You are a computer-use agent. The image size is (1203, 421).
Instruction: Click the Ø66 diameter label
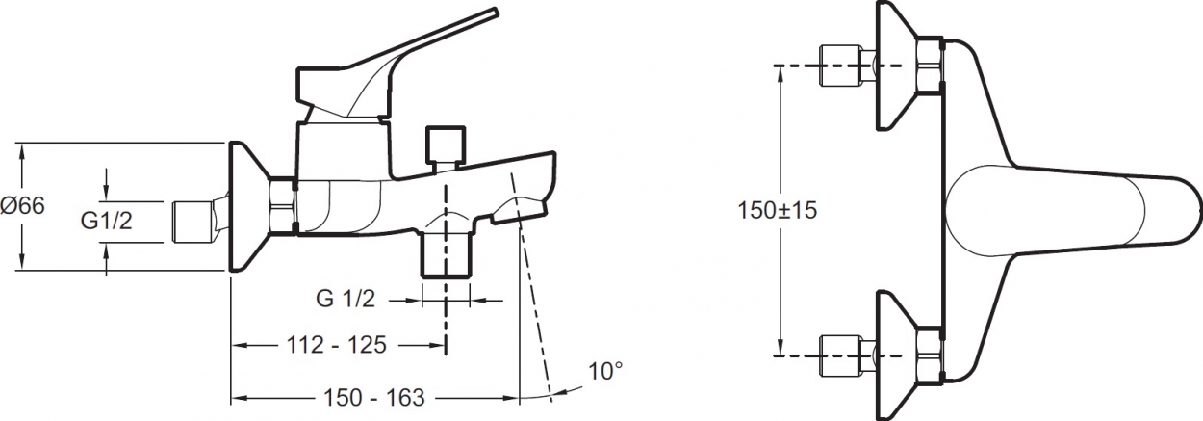coord(22,206)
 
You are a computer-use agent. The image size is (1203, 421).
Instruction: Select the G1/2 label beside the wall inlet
coord(106,221)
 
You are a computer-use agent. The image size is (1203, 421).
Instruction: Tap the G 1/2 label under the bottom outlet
coord(346,299)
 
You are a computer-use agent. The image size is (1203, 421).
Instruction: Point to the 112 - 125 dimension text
coord(337,345)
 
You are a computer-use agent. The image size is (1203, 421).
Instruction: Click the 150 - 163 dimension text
coord(373,398)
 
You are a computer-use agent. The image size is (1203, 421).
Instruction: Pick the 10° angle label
coord(605,371)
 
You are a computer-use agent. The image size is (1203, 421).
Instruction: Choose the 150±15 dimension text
coord(777,210)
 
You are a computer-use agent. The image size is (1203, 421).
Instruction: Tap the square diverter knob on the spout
coord(446,145)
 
